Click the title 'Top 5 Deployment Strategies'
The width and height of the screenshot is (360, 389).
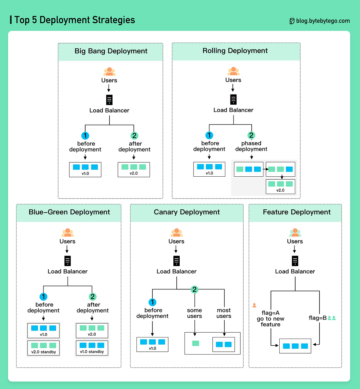75,20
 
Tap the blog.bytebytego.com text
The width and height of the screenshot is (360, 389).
323,21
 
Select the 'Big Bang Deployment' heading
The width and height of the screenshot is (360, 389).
111,51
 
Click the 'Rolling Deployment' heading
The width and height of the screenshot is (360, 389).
235,51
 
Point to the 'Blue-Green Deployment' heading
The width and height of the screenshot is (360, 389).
69,212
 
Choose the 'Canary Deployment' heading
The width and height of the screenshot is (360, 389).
187,212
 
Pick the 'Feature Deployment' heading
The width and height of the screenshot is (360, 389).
296,212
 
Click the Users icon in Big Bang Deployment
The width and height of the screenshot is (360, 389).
109,72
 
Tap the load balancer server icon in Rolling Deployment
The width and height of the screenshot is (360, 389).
233,99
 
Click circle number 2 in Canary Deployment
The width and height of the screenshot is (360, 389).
194,289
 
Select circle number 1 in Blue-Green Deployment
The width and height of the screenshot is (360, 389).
43,297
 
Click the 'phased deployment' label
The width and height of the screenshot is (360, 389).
251,146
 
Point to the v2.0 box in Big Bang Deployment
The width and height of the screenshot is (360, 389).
134,169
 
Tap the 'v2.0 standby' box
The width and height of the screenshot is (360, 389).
43,348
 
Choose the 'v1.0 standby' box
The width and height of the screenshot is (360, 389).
92,348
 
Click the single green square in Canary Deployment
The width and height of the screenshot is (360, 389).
196,343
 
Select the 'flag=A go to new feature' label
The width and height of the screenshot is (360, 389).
270,319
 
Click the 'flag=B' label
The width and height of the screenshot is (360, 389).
317,318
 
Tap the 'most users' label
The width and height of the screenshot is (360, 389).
224,313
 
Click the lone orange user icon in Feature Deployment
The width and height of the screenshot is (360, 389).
254,305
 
